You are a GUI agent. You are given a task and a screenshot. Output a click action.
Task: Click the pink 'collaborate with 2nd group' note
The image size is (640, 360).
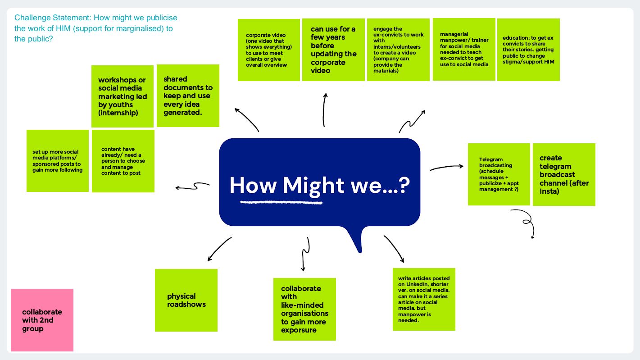(x=42, y=320)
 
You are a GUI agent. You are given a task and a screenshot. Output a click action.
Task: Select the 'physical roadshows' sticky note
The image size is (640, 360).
(x=186, y=300)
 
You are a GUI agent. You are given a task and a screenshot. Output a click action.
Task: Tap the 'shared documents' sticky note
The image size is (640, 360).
(x=188, y=96)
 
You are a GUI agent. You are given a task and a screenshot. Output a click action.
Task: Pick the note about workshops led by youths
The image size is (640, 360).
(x=123, y=96)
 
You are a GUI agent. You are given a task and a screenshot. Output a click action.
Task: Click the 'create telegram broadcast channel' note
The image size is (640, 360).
(x=564, y=174)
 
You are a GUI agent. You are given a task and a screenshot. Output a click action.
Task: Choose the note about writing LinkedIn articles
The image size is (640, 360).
(x=424, y=299)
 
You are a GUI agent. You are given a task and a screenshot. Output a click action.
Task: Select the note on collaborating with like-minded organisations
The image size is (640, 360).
(x=304, y=309)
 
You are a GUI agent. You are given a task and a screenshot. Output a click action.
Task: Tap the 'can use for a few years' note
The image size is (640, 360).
(x=333, y=50)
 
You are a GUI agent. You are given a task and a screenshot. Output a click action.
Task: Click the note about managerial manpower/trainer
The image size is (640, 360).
(x=464, y=50)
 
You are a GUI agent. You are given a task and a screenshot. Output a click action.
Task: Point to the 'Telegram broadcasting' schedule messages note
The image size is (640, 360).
(x=499, y=174)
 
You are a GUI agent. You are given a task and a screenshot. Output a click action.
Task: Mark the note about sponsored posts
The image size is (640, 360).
(x=58, y=161)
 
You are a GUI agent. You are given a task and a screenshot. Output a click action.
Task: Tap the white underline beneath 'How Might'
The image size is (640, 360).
(x=281, y=202)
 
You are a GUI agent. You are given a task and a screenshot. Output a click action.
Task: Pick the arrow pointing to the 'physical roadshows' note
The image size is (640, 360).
(x=219, y=249)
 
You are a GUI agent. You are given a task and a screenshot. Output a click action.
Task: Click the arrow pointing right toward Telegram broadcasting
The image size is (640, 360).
(x=446, y=168)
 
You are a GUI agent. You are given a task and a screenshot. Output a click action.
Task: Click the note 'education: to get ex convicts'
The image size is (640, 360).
(x=528, y=50)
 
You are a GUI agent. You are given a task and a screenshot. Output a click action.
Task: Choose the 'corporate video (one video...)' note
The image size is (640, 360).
(x=269, y=50)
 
